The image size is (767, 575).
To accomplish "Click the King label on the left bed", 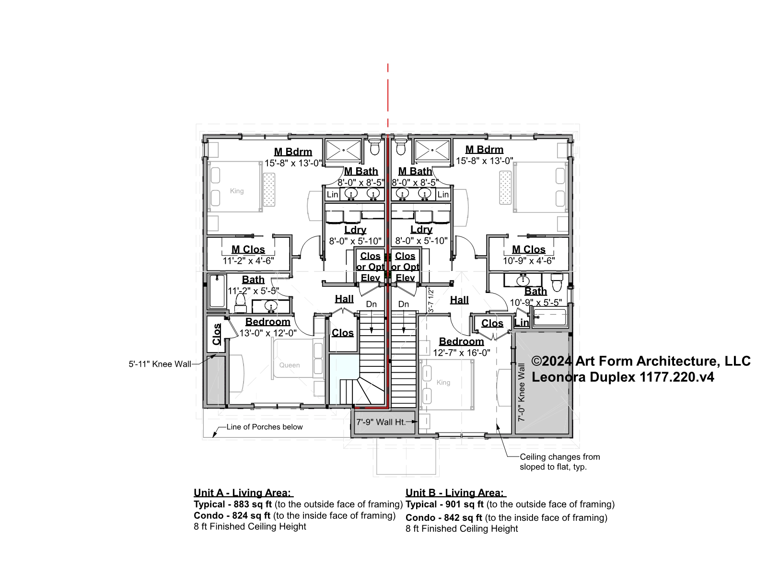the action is point(236,191).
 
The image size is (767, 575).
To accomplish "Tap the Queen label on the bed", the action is point(290,365).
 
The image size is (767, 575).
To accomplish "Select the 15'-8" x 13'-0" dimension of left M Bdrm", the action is point(293,163).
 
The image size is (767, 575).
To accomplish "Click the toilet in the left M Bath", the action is point(374,147).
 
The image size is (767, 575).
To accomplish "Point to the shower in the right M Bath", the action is point(432,150).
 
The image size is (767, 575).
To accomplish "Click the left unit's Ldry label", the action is point(355,230).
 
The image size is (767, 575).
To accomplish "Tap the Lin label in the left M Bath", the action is point(332,194).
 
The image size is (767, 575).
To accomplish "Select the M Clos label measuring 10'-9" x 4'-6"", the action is point(528,249).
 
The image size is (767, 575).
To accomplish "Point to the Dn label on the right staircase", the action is point(404,304).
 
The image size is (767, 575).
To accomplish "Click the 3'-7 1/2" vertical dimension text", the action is point(430,300).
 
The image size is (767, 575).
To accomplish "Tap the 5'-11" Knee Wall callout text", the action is point(160,364).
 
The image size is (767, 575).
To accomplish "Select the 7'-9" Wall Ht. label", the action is point(381,422).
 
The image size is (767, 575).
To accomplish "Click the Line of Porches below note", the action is point(265,427).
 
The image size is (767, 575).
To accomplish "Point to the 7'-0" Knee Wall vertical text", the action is point(522,392).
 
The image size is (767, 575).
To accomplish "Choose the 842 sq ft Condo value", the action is point(463,517).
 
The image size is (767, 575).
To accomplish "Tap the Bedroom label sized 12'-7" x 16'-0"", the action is point(461,341).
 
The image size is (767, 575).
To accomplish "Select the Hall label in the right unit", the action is point(459,300).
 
